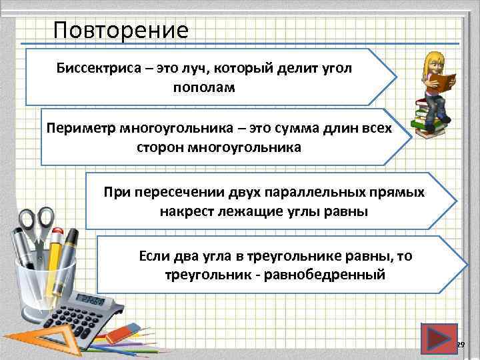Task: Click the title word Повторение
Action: pos(121,30)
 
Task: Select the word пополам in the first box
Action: pos(203,87)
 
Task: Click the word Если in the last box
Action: pos(151,255)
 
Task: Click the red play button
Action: pos(439,338)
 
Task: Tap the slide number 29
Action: pos(459,344)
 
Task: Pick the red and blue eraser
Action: pos(124,333)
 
